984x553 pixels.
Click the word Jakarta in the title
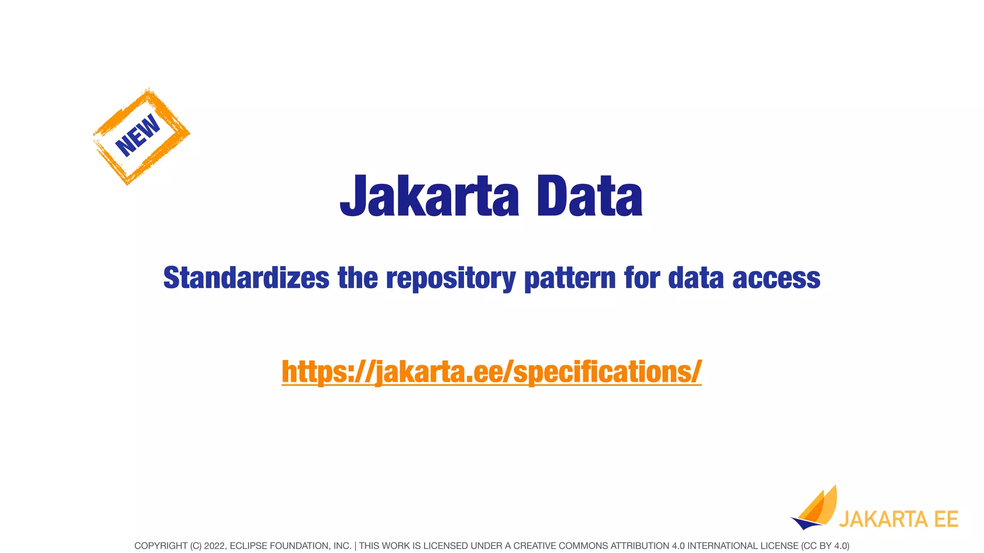429,196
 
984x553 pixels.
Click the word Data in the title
590,196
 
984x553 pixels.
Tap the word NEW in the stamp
138,135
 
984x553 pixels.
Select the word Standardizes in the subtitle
246,278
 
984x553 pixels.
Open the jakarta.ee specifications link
492,372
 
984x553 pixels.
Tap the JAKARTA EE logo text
898,519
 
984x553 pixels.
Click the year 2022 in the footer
214,546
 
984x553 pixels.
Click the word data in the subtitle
696,278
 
